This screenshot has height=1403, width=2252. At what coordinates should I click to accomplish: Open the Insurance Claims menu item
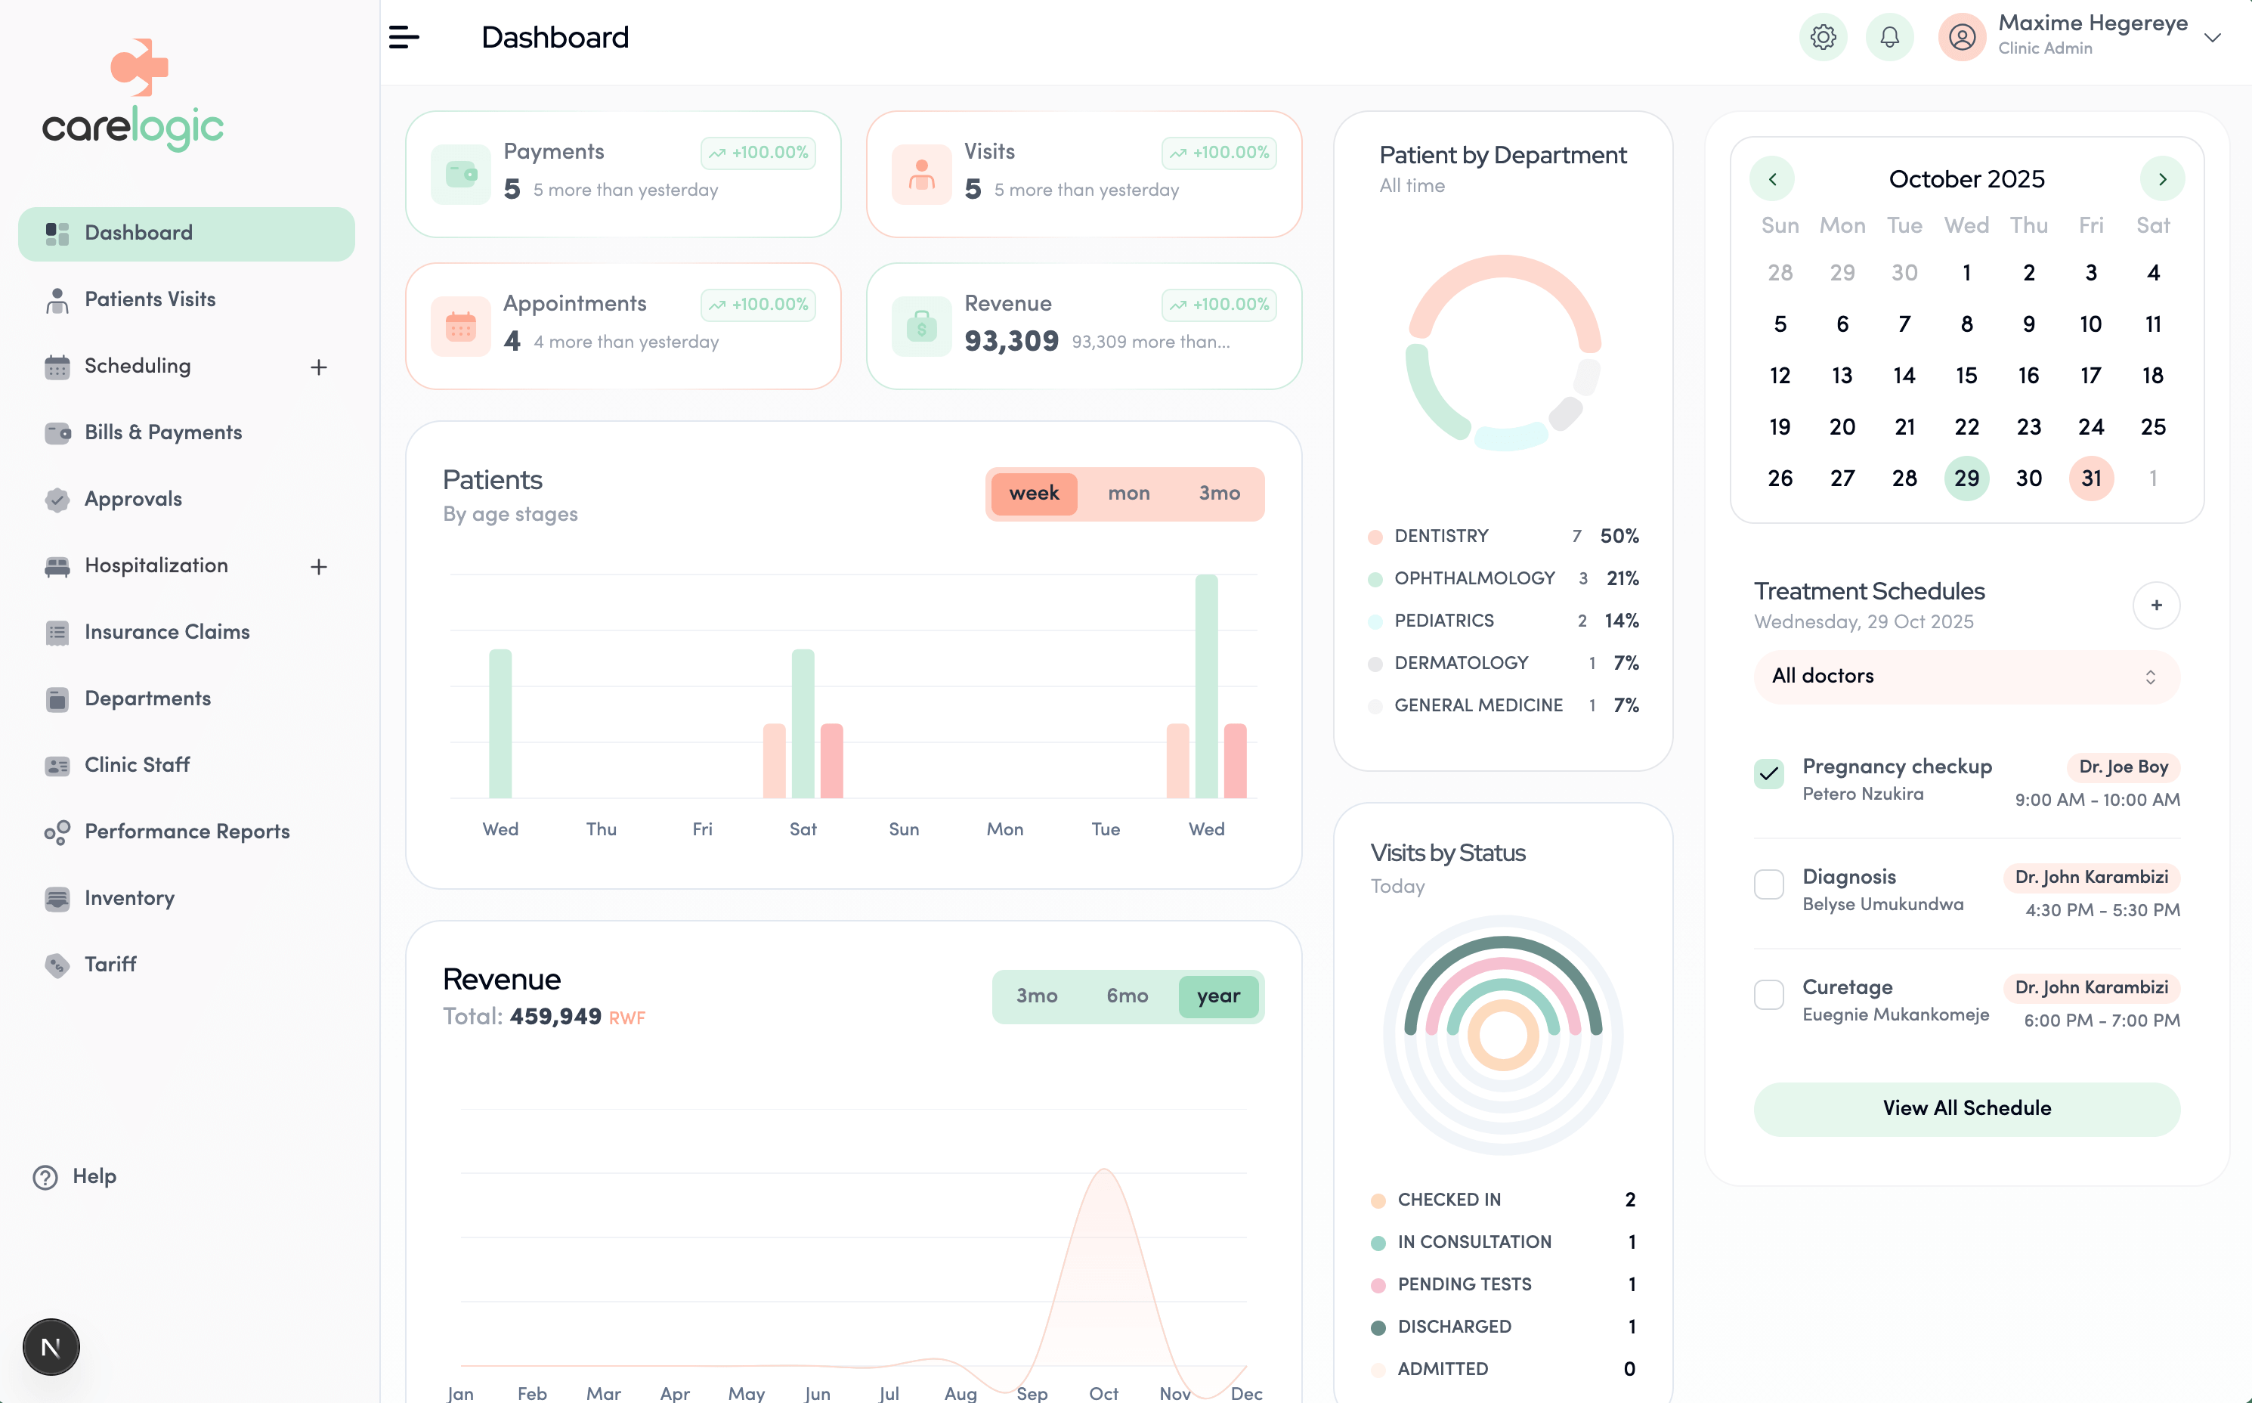[167, 632]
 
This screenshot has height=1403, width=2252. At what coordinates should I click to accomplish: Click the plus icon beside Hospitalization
[318, 566]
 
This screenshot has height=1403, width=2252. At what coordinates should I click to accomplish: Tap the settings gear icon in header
[1823, 37]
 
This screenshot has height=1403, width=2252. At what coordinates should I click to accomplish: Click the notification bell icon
[1889, 37]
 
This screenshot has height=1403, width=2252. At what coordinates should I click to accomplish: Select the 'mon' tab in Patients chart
[1128, 494]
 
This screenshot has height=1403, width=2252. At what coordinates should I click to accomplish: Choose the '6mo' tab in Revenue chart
[1126, 996]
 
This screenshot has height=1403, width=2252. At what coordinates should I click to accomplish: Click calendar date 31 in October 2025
[2090, 478]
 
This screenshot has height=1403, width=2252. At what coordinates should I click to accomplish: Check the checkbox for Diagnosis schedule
[1768, 884]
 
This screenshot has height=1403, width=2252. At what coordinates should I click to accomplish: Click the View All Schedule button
[1966, 1108]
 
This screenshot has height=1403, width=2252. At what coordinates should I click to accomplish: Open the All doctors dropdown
[1966, 677]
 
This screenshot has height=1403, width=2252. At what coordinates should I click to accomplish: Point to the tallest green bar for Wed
[1206, 686]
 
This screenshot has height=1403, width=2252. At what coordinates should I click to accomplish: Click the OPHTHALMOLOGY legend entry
[1474, 578]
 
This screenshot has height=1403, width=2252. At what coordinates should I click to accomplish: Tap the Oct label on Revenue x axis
[1103, 1392]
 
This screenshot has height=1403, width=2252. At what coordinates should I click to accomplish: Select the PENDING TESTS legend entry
[1464, 1284]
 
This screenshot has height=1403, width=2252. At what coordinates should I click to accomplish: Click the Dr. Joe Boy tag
[2122, 767]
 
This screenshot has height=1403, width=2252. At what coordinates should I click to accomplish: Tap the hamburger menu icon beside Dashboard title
[404, 37]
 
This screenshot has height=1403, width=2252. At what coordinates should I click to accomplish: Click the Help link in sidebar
[93, 1176]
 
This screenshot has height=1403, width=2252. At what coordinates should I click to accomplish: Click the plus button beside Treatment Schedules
[2155, 605]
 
